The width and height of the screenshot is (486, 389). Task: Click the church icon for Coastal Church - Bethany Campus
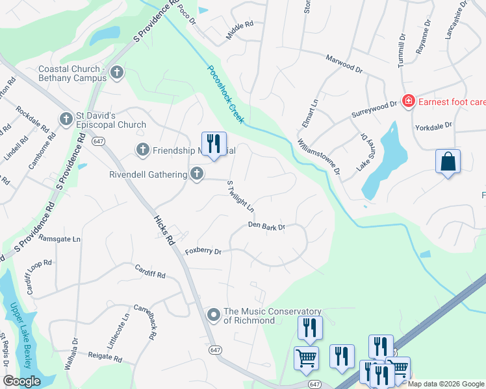coord(116,72)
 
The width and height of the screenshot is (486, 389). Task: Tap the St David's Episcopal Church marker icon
coord(66,119)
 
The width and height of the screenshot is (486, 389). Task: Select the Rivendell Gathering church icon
coord(197,173)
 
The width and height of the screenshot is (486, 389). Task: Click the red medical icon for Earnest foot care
coord(408,101)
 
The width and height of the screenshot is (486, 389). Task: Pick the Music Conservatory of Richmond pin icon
coord(213,316)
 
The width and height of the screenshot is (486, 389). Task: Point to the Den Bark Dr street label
coord(266,226)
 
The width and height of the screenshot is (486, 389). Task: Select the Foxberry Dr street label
coord(203,251)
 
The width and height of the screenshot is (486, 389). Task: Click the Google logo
coord(21,381)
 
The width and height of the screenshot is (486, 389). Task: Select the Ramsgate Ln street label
coord(60,239)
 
